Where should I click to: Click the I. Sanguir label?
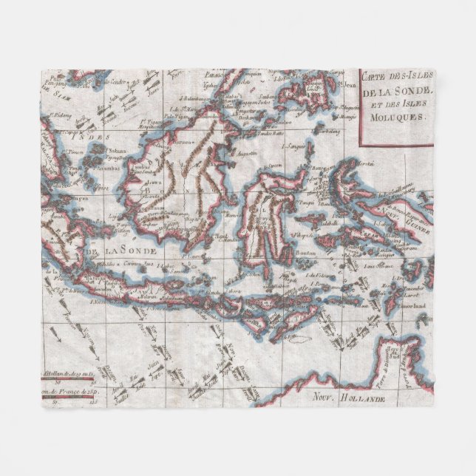[x=298, y=147]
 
